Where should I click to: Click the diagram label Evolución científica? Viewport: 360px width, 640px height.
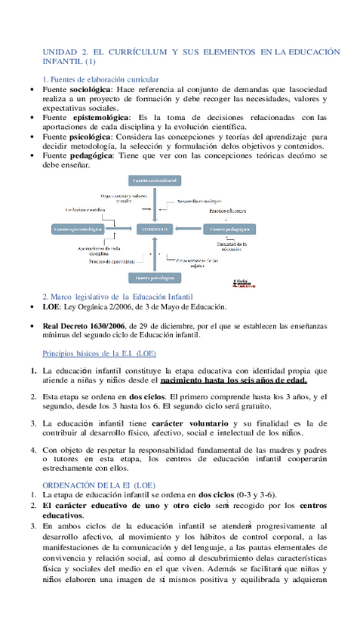point(85,209)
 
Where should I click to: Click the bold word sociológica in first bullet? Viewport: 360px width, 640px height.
point(90,89)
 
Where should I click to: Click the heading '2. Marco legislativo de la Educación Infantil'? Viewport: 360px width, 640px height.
point(118,297)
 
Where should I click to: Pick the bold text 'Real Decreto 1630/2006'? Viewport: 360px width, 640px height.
point(84,326)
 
